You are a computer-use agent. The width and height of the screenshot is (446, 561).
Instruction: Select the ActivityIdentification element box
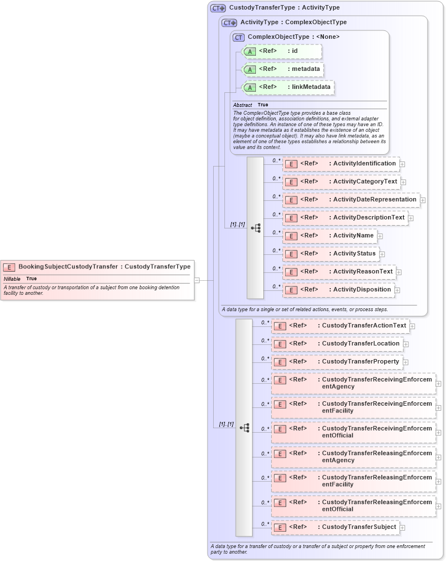tap(340, 164)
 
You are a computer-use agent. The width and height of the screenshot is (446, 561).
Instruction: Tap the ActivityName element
tap(329, 236)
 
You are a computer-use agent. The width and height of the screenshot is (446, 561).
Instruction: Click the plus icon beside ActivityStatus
tap(382, 254)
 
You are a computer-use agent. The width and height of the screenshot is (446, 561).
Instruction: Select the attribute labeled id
tap(281, 51)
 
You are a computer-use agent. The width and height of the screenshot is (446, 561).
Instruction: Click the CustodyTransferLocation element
tap(336, 344)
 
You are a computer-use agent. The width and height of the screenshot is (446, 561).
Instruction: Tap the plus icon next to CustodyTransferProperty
tap(406, 362)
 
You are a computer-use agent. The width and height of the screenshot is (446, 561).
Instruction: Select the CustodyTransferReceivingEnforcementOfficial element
tap(353, 432)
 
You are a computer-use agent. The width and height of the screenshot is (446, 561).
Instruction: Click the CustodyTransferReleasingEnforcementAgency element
tap(353, 456)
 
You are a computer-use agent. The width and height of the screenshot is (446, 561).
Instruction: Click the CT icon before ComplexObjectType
tap(238, 37)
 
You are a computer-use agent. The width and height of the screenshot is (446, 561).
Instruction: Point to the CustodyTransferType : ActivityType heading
tap(284, 8)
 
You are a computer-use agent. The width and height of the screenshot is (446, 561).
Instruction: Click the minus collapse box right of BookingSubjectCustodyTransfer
tap(197, 280)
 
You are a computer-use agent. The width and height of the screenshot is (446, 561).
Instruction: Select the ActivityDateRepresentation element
tap(351, 200)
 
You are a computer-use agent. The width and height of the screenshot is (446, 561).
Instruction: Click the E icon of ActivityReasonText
tap(291, 272)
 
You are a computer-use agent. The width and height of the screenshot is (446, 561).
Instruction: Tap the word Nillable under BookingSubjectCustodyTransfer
tap(12, 279)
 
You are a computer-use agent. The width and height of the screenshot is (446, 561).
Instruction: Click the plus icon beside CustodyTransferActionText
tap(412, 326)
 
